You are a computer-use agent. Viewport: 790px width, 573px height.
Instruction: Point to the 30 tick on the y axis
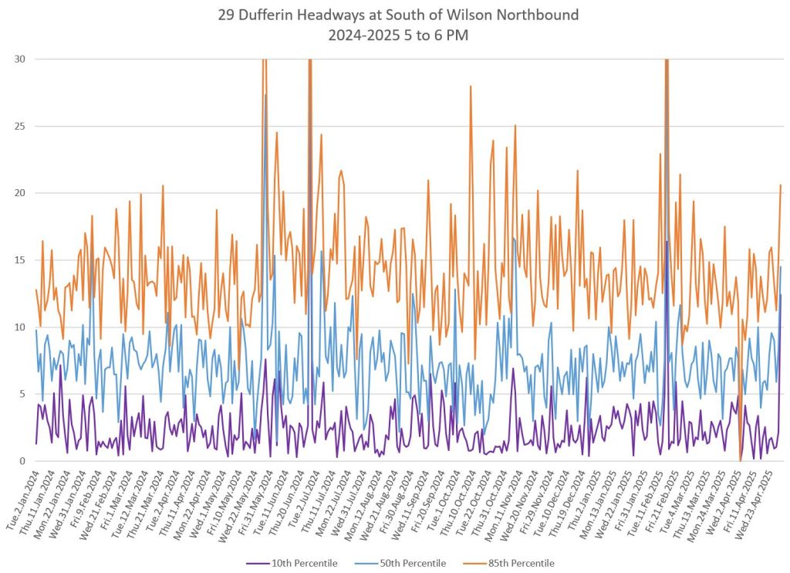coord(18,59)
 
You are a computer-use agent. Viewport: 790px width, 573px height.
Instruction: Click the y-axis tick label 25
coord(18,127)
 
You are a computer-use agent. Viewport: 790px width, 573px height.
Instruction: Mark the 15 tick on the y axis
coord(18,260)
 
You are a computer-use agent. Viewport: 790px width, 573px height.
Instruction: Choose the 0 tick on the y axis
coord(20,461)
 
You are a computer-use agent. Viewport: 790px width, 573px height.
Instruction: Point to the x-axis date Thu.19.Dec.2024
coord(560,494)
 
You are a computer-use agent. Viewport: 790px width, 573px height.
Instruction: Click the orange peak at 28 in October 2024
coord(470,86)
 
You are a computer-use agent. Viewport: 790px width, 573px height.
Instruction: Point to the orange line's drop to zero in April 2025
coord(740,460)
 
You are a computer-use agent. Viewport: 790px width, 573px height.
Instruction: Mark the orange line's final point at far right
coord(781,185)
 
